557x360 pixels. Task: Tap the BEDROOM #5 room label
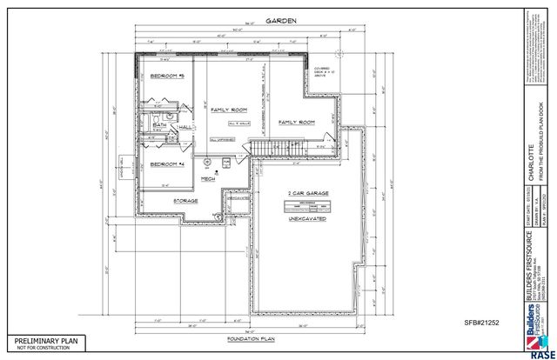[x=168, y=77]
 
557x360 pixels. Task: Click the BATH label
[x=159, y=125]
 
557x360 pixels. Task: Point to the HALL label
[x=185, y=127]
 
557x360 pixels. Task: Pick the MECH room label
[x=208, y=178]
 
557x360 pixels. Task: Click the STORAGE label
[x=185, y=200]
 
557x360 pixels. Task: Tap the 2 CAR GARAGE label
[x=308, y=192]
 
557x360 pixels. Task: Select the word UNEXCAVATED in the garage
[x=307, y=220]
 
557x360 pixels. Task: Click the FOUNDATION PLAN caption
[x=251, y=337]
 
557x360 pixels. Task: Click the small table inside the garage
[x=308, y=205]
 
